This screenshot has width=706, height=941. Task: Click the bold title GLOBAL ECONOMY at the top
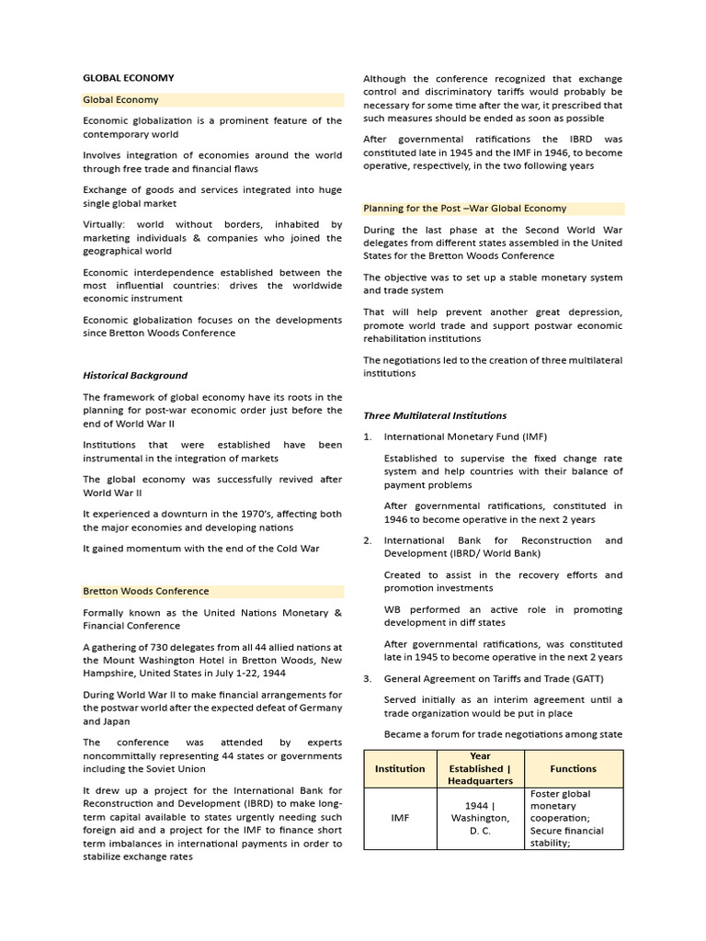point(128,78)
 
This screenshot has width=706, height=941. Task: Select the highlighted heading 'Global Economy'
point(120,99)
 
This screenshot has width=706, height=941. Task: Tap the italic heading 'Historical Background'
point(135,375)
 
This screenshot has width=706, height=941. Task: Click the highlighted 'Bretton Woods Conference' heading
point(146,591)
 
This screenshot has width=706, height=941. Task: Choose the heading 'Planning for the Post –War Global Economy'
point(465,209)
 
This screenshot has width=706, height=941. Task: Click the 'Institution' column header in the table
point(400,768)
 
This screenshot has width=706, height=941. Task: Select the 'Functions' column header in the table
point(573,768)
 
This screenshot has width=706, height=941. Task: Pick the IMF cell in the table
point(400,818)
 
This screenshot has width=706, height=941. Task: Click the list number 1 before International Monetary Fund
point(367,436)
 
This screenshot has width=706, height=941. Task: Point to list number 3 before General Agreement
point(367,678)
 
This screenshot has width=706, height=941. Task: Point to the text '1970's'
point(252,514)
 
